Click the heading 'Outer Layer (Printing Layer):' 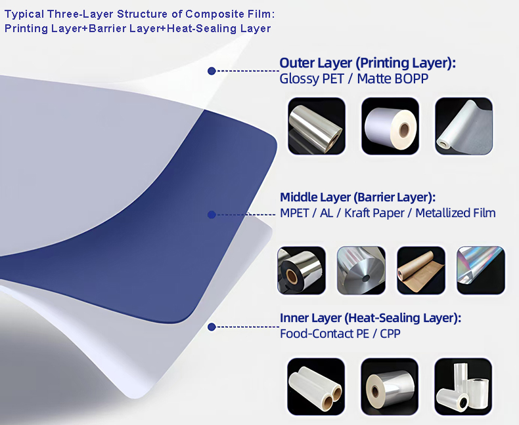[367, 63]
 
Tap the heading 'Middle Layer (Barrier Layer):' [358, 197]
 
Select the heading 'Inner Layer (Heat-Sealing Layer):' [371, 318]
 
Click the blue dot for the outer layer [212, 71]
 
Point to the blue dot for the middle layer [212, 214]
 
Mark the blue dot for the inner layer [212, 326]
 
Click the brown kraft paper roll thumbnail [421, 270]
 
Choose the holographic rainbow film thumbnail [481, 270]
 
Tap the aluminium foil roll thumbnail [361, 270]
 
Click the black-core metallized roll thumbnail [302, 270]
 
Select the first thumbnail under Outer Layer [317, 126]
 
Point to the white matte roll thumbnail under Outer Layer [390, 126]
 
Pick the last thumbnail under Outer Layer [464, 126]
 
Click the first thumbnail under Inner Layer [317, 386]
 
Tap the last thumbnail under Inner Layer [464, 386]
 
